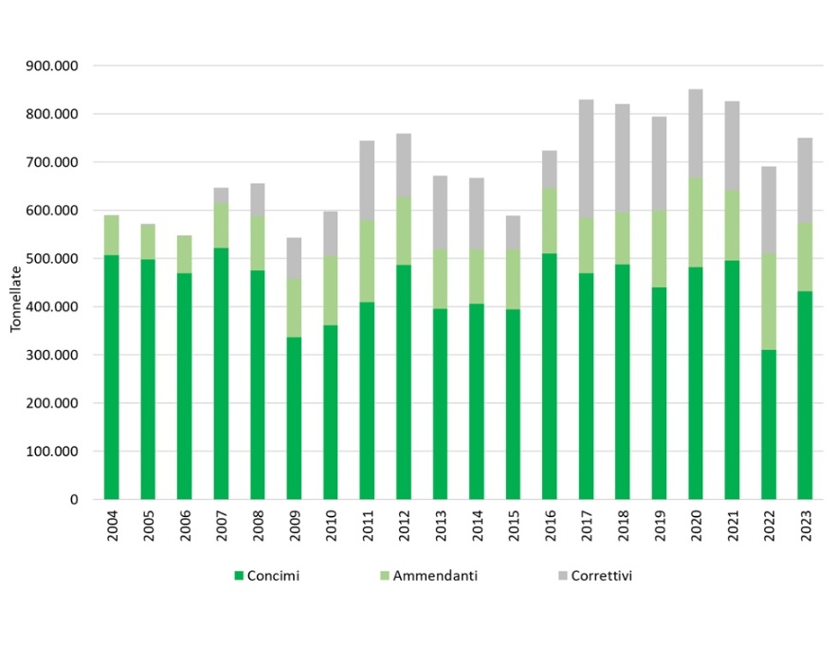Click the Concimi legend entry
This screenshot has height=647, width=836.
click(x=266, y=576)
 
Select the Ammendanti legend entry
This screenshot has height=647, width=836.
click(x=423, y=576)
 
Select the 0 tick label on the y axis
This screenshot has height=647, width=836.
click(x=71, y=500)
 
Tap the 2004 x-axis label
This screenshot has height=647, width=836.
click(x=113, y=527)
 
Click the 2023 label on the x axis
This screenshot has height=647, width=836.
click(x=805, y=527)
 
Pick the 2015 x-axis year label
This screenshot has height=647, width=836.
click(x=513, y=527)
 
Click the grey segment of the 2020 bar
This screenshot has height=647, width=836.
click(x=696, y=133)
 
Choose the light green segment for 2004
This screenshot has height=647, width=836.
click(x=112, y=235)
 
